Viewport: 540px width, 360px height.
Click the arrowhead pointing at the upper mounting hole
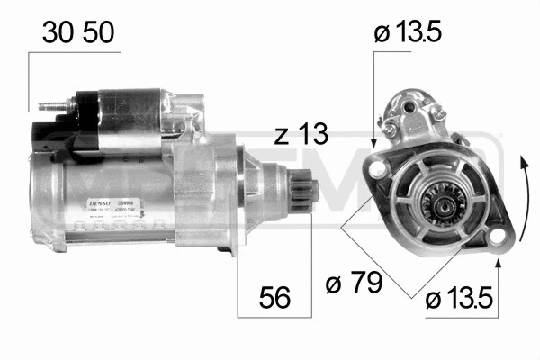click(x=373, y=141)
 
